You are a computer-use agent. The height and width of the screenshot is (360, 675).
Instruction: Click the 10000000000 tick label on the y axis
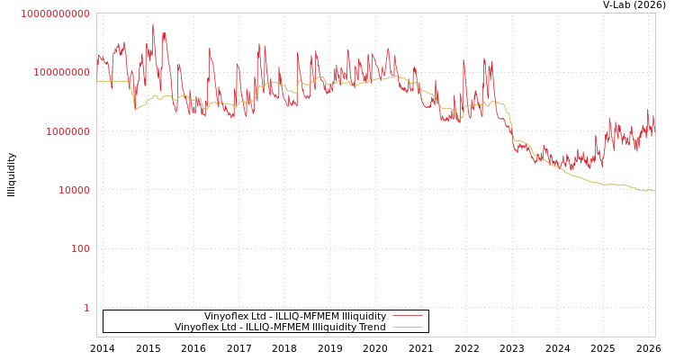pyautogui.click(x=55, y=13)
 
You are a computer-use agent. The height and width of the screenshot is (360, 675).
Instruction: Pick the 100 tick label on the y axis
pyautogui.click(x=79, y=248)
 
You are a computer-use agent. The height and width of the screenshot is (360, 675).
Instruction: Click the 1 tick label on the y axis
pyautogui.click(x=86, y=308)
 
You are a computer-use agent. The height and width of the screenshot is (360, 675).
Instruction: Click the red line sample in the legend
pyautogui.click(x=408, y=316)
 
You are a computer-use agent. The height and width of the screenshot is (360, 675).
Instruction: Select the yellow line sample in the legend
pyautogui.click(x=408, y=327)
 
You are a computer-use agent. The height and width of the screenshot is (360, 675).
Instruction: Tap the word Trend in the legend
pyautogui.click(x=372, y=327)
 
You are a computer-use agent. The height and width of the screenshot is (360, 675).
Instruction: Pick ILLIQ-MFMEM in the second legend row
pyautogui.click(x=272, y=327)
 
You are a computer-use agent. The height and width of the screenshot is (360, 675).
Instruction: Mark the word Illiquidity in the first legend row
pyautogui.click(x=364, y=316)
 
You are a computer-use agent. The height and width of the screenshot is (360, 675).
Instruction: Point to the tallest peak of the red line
pyautogui.click(x=153, y=24)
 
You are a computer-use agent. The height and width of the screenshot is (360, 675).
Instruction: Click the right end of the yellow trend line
pyautogui.click(x=654, y=191)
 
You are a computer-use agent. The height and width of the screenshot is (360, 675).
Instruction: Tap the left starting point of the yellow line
pyautogui.click(x=97, y=81)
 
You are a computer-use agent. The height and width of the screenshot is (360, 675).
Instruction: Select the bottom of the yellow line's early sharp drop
pyautogui.click(x=135, y=109)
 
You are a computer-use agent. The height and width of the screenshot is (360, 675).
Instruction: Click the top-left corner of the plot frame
pyautogui.click(x=96, y=13)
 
